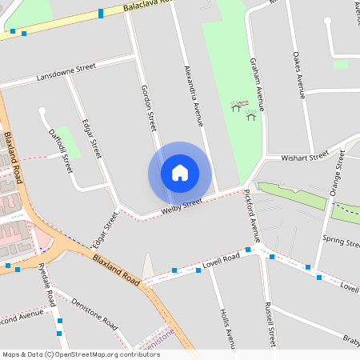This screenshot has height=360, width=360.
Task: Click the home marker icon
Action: point(179,173)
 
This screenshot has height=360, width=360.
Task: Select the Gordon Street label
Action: point(149,108)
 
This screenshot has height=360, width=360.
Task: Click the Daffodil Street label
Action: point(61,150)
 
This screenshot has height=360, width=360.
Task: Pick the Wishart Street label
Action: point(309,157)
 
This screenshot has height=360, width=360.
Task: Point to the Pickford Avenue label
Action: point(252,215)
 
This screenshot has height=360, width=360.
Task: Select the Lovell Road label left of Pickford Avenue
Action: point(222,259)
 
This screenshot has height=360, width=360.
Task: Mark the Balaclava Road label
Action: point(151,4)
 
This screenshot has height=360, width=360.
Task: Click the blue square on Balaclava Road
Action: point(101,13)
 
